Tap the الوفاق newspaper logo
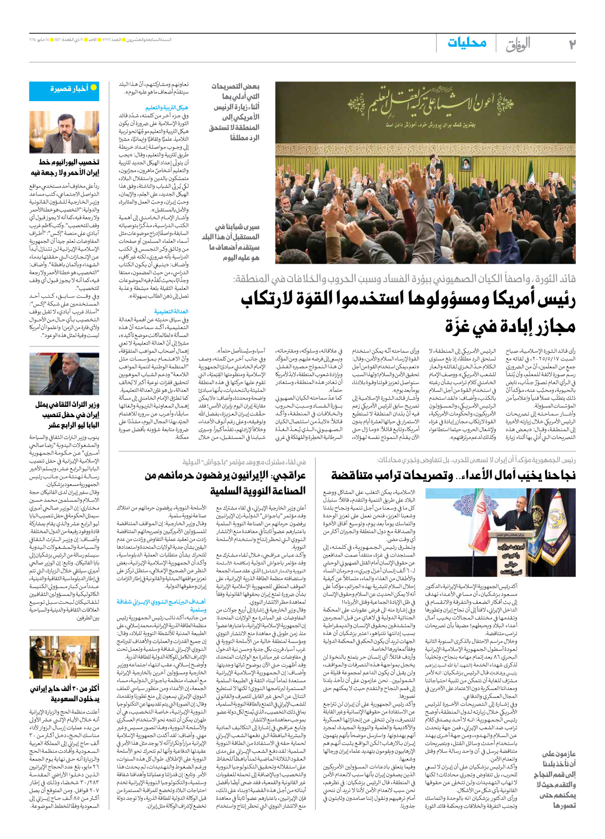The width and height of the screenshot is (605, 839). [518, 45]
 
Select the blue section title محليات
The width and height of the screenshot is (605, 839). [467, 43]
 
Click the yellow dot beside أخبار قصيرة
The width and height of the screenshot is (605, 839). [94, 88]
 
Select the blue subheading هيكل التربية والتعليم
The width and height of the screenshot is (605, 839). [166, 107]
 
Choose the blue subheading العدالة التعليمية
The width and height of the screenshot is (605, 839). [171, 312]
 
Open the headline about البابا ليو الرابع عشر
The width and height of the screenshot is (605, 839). [67, 415]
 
